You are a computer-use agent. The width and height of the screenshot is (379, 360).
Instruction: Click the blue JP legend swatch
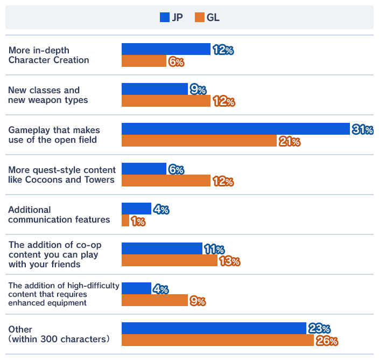click(165, 17)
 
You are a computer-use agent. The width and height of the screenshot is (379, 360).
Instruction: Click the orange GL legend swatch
click(199, 17)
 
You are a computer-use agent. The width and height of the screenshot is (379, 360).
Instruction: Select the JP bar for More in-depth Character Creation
click(166, 49)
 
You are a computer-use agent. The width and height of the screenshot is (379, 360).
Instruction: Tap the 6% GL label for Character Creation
click(176, 62)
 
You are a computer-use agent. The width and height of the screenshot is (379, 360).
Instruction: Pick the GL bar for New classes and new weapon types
click(166, 101)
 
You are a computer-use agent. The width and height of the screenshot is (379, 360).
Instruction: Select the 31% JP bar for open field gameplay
click(236, 129)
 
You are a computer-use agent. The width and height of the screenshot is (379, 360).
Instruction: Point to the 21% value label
click(289, 142)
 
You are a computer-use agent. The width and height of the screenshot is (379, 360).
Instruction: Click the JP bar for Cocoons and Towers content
click(144, 169)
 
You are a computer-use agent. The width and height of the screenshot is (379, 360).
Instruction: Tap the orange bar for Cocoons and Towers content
click(166, 181)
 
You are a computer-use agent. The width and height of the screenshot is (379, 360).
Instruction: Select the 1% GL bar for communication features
click(125, 220)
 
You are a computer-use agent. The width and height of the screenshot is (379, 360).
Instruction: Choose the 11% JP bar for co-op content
click(162, 248)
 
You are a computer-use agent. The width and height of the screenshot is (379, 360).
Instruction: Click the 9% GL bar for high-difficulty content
click(155, 300)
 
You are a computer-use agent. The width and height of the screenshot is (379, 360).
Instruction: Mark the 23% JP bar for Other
click(214, 328)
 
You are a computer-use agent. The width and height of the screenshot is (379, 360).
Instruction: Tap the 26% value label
click(327, 341)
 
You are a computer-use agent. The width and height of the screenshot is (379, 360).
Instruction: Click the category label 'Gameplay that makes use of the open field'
click(54, 135)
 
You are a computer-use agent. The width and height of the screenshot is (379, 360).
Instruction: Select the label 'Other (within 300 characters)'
click(59, 334)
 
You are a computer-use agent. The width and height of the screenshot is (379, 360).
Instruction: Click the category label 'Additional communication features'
click(59, 214)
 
